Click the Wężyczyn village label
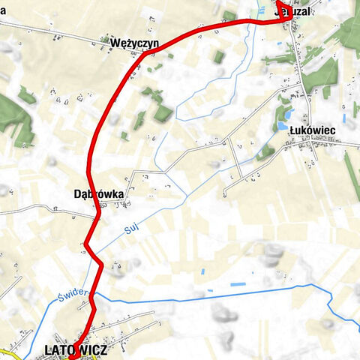[133, 43]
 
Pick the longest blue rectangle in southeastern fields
[238, 286]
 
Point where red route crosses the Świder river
[94, 297]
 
